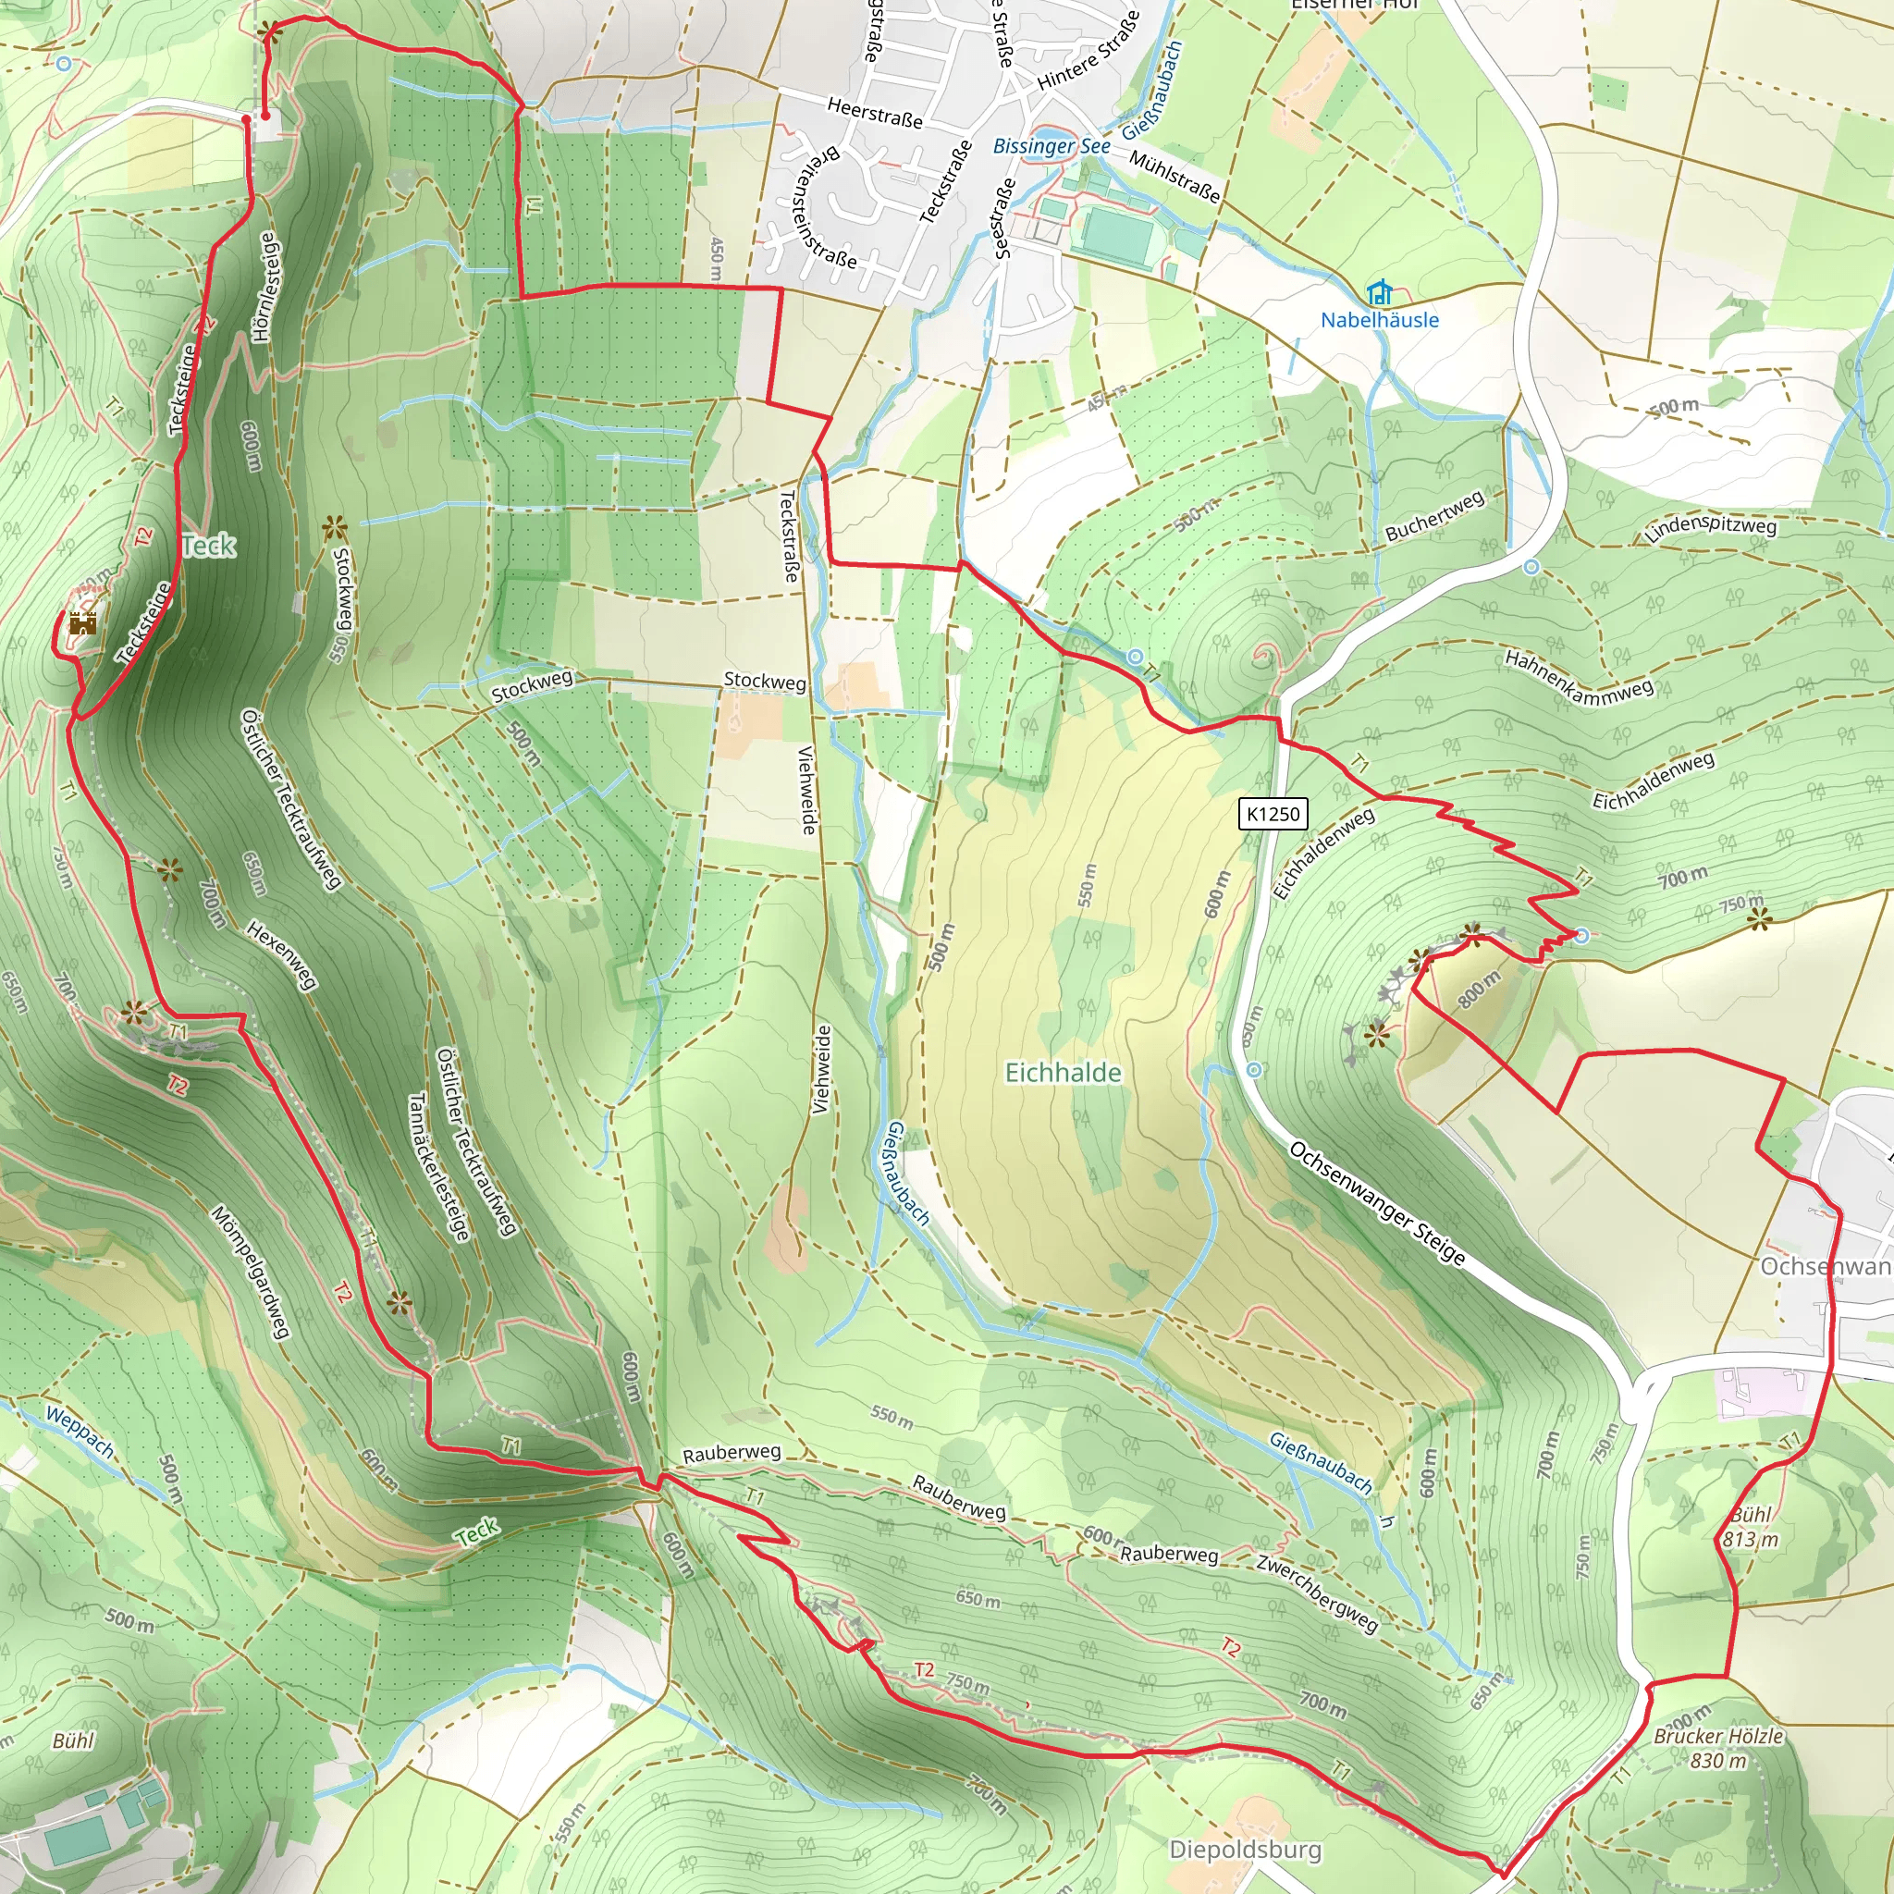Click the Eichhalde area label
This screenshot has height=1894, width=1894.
tap(1063, 1073)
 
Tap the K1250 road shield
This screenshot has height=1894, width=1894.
tap(1273, 814)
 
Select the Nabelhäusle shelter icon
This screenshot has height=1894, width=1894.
tap(1379, 292)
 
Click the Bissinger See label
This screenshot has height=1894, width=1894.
tap(1051, 147)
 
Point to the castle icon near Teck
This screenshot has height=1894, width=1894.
tap(82, 622)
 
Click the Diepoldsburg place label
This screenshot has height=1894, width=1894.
tap(1245, 1850)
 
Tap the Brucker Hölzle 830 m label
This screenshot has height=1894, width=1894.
tap(1718, 1747)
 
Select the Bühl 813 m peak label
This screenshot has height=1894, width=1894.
tap(1750, 1526)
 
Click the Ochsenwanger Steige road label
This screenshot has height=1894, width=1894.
tap(1377, 1203)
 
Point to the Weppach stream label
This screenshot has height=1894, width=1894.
tap(80, 1433)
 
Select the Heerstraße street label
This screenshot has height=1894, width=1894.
tap(875, 112)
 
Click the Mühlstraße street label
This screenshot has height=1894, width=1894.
tap(1175, 177)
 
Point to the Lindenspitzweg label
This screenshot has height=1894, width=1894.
tap(1711, 527)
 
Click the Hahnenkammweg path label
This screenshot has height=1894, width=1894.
tap(1580, 677)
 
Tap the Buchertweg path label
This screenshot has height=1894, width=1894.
tap(1434, 516)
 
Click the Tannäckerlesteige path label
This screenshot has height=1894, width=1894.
tap(438, 1166)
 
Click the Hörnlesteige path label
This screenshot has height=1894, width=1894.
tap(265, 287)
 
